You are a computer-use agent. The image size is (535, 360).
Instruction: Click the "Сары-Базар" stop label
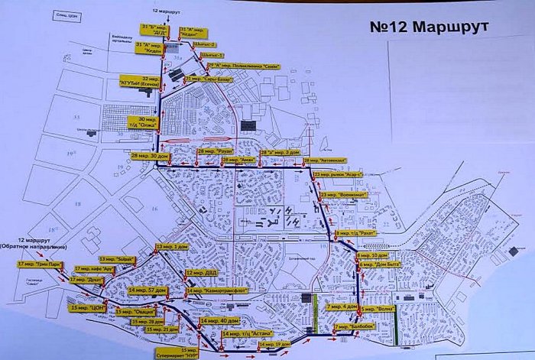[x=202, y=79]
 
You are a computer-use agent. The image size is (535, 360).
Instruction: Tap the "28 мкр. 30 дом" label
[x=150, y=156]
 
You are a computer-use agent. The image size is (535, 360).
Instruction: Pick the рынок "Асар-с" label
[x=337, y=175]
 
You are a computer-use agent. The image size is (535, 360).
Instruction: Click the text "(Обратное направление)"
[x=34, y=248]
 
